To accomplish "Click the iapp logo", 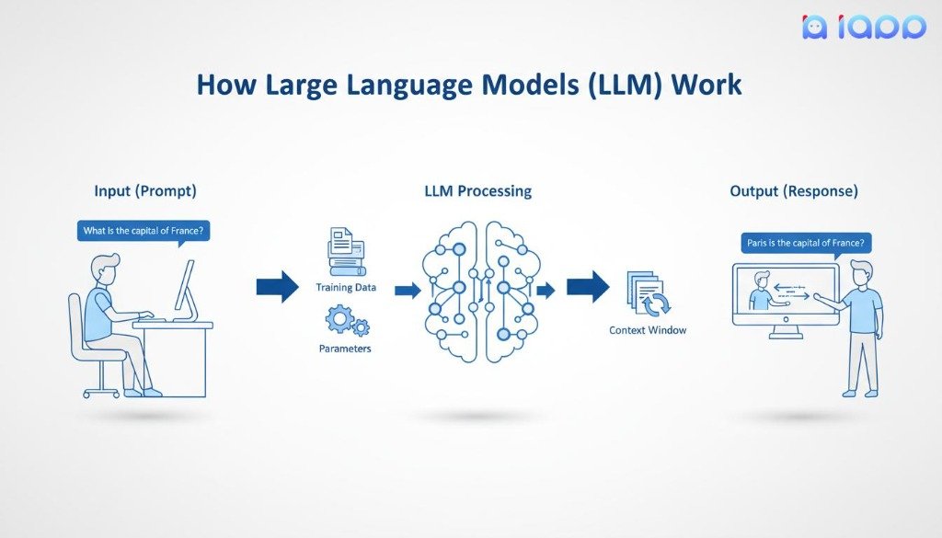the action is point(864,27).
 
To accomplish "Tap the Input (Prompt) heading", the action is point(145,191).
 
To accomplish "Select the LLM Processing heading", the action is point(477,191).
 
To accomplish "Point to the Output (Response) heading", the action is point(794,191).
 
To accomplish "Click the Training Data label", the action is point(346,287).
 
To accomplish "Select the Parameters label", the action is point(345,349).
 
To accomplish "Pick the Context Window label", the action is point(648,329).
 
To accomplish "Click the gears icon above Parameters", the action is point(347,321).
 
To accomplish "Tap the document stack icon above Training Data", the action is point(346,251).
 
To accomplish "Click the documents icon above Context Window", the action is point(649,294).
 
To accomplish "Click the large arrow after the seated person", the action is point(278,286).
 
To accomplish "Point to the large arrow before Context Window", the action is point(588,286).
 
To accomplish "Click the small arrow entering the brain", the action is point(408,291).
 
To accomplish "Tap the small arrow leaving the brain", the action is point(546,291).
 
